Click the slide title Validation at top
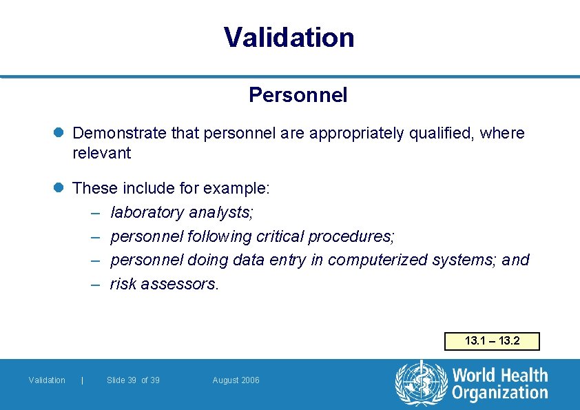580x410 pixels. [289, 37]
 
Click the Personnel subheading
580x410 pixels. [298, 95]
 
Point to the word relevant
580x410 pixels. [101, 153]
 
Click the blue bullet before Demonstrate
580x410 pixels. [60, 133]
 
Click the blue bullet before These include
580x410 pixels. [60, 187]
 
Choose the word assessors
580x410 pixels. [180, 284]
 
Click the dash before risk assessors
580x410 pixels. [96, 284]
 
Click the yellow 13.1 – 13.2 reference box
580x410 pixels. [492, 341]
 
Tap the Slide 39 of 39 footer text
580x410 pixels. [133, 380]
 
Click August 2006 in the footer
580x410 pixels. [236, 380]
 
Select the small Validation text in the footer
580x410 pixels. [47, 380]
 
